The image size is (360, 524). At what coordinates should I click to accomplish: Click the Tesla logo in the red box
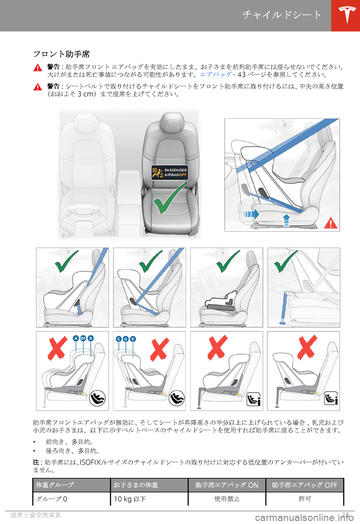(346, 15)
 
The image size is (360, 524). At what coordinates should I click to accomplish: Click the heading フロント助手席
(61, 54)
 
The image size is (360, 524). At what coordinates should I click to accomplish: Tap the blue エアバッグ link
(216, 75)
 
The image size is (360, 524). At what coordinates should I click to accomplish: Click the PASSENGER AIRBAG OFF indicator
(169, 173)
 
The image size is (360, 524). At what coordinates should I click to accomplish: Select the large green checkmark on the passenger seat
(170, 198)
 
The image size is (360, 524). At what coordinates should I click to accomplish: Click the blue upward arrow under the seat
(286, 221)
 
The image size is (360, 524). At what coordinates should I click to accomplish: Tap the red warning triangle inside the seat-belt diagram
(331, 223)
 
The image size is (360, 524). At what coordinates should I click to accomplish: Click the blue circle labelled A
(76, 338)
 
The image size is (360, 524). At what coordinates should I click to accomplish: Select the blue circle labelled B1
(83, 338)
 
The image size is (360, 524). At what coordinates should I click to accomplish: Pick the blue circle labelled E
(133, 339)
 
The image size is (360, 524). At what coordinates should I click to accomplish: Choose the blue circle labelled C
(119, 339)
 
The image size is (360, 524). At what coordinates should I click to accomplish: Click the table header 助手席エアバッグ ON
(227, 485)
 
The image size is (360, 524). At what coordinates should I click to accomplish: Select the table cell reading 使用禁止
(227, 499)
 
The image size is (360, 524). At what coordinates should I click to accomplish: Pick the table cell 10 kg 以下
(130, 499)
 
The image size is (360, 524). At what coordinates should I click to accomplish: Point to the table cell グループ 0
(52, 499)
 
